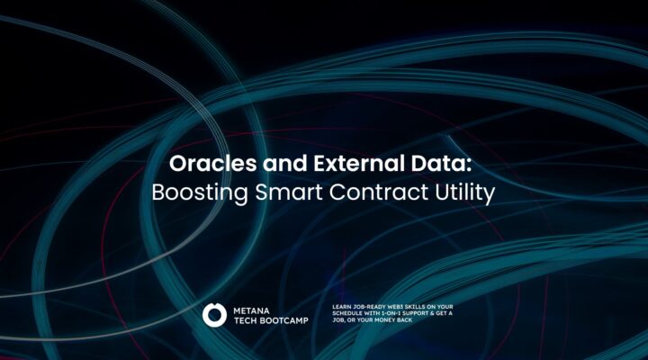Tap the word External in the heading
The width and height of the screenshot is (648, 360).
tap(359, 163)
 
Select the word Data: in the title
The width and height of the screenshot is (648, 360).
tap(441, 163)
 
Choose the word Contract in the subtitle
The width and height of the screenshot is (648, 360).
tap(379, 193)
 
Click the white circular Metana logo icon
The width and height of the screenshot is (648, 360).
tap(214, 315)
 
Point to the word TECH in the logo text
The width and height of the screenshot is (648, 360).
tap(243, 320)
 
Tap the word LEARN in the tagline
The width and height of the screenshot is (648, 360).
tap(342, 307)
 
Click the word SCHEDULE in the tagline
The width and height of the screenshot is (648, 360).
tap(347, 313)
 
